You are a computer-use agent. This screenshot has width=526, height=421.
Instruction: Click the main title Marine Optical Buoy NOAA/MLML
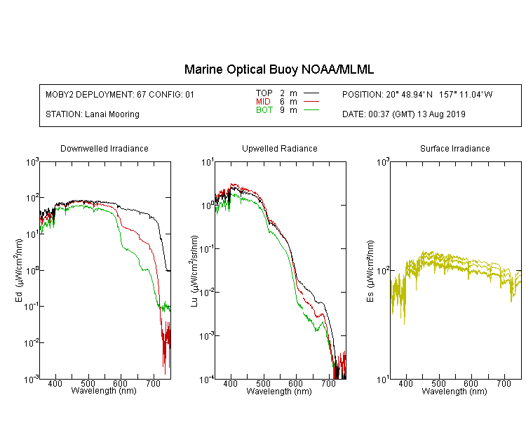click(x=278, y=69)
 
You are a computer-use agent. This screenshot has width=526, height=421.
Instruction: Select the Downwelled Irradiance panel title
click(x=104, y=148)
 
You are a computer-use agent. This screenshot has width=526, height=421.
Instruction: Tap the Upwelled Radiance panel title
click(x=280, y=148)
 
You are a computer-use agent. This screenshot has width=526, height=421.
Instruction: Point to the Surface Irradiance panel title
click(x=455, y=148)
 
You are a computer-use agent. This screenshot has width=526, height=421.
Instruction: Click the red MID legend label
click(x=263, y=101)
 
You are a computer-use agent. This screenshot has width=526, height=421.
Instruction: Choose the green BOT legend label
click(x=264, y=110)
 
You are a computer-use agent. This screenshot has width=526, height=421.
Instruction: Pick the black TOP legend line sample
click(x=311, y=93)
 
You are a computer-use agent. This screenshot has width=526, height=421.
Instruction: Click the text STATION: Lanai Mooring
click(x=93, y=114)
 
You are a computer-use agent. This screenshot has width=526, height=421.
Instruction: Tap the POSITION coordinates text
click(x=417, y=94)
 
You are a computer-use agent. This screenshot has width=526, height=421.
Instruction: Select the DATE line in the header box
click(x=404, y=114)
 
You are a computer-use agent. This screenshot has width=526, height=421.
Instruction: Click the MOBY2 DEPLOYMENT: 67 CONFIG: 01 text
click(x=120, y=94)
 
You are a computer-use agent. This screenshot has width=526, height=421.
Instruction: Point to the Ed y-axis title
click(x=19, y=270)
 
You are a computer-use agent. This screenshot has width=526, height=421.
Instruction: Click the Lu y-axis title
click(x=194, y=271)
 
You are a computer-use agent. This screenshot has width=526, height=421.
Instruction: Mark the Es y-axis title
click(x=370, y=271)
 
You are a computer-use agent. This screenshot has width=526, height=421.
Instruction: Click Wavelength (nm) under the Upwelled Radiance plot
click(x=279, y=392)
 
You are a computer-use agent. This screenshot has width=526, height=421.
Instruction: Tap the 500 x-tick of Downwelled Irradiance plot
click(x=88, y=383)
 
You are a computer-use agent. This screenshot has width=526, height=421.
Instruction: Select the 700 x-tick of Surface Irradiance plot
click(x=504, y=383)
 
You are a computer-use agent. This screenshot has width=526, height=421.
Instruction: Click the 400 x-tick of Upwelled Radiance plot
click(x=231, y=383)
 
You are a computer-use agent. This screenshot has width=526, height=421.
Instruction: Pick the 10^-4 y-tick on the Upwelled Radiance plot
click(x=207, y=380)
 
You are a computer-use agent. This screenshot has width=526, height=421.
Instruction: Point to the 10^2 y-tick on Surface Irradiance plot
click(x=383, y=270)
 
